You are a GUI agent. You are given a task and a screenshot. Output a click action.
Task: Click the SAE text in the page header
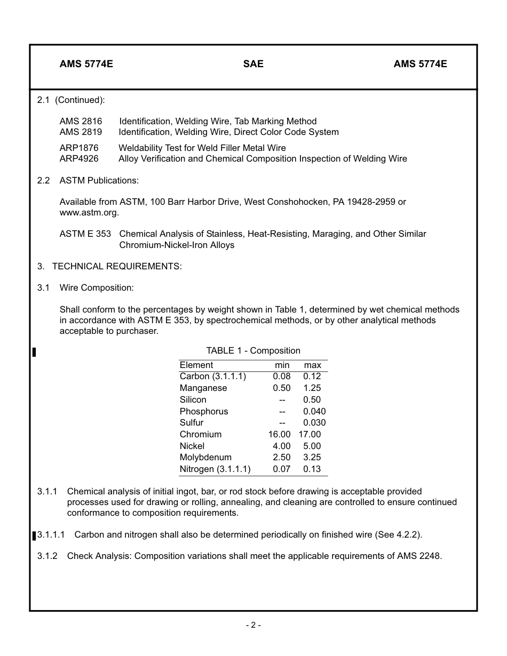click(253, 64)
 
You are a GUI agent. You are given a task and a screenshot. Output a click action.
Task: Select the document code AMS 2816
click(81, 121)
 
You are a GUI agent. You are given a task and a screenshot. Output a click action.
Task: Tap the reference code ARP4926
click(79, 158)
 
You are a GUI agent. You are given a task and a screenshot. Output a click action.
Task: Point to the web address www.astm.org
click(89, 213)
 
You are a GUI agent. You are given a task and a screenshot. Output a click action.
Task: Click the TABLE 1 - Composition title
click(253, 350)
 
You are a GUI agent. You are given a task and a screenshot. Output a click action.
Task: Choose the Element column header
click(196, 365)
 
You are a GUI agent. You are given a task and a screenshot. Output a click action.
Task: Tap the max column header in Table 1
click(312, 365)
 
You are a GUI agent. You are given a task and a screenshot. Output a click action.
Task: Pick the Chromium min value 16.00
click(279, 435)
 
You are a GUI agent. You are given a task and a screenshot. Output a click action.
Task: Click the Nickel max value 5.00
click(312, 446)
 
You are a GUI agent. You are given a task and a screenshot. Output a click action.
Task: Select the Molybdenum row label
click(205, 458)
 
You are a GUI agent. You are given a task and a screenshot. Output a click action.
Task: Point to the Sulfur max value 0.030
click(314, 423)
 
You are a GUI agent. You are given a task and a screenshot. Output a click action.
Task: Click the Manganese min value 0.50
click(282, 388)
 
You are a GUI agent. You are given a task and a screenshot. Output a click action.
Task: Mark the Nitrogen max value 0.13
click(312, 469)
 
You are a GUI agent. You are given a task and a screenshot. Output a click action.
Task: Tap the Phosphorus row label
click(203, 412)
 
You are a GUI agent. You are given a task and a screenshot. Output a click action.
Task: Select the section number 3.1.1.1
click(51, 534)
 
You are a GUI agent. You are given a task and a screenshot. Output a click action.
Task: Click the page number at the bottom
click(253, 625)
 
